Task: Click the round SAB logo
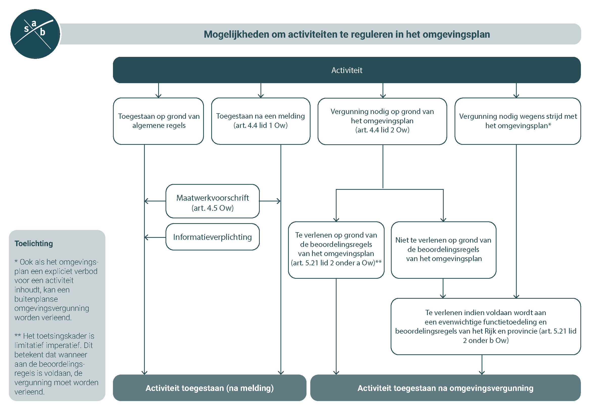pos(35,34)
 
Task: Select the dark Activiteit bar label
pos(347,70)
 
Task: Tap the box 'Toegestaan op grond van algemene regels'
pos(158,121)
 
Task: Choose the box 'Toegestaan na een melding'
pos(261,121)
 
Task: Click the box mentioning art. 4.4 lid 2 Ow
pos(382,121)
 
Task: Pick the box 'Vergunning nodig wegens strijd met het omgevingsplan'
pos(518,121)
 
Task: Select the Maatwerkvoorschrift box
pos(212,201)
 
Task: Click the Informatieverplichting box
pos(212,237)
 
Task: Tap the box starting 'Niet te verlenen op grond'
pos(443,250)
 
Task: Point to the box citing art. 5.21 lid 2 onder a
pos(336,250)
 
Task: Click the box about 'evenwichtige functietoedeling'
pos(486,326)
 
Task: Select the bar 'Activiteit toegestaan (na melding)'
pos(209,388)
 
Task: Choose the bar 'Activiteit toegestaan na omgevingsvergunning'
pos(445,388)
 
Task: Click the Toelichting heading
pos(34,243)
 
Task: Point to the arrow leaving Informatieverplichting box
pos(155,237)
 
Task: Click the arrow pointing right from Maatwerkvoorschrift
pos(270,201)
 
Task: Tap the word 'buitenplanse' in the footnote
pos(36,299)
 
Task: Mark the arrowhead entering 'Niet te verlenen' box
pos(443,220)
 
